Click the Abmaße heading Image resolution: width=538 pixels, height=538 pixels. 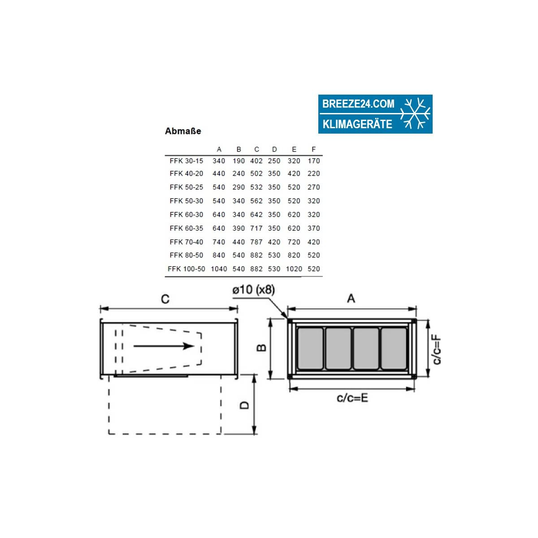(x=183, y=131)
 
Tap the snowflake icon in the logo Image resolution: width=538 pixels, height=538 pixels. (x=415, y=113)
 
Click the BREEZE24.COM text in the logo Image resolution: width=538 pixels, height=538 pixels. (x=358, y=104)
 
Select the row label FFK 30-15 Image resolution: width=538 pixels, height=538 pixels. (x=186, y=161)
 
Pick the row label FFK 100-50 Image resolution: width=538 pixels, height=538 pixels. (x=186, y=269)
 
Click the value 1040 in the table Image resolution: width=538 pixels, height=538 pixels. (x=219, y=269)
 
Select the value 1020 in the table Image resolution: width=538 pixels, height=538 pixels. (x=294, y=269)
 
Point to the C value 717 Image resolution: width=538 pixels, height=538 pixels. (x=256, y=228)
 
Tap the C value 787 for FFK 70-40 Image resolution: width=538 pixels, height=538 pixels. (x=256, y=242)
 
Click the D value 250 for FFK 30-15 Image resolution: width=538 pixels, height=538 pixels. (x=274, y=161)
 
